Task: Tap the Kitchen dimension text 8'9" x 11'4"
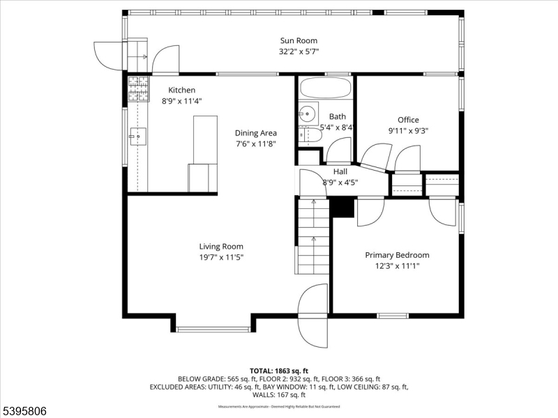(179, 101)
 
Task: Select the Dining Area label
(255, 133)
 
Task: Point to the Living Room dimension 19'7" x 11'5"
(221, 257)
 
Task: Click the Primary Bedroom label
(397, 255)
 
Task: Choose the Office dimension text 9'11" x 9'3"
(408, 130)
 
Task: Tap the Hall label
(340, 171)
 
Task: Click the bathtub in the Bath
(326, 88)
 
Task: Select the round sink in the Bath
(307, 113)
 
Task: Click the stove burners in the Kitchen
(138, 88)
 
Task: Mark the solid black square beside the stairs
(342, 207)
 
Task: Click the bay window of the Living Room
(213, 328)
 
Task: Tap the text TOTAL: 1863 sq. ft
(278, 370)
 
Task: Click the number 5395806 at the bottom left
(25, 411)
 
